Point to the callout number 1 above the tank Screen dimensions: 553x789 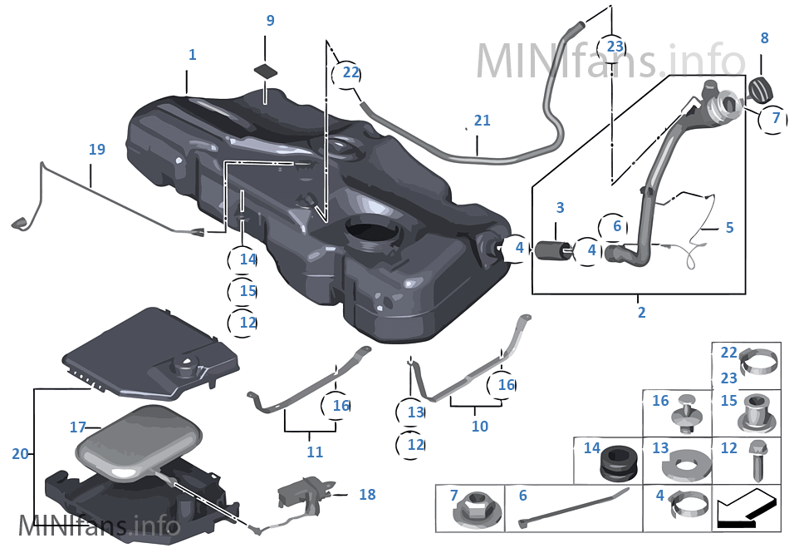pos(192,55)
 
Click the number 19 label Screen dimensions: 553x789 pos(97,150)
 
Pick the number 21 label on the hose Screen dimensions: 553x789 pos(482,121)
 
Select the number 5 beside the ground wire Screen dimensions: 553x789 pos(728,227)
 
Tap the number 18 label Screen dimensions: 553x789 pos(366,495)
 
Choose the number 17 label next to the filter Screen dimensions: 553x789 pos(78,427)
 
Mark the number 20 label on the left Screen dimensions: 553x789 pos(21,454)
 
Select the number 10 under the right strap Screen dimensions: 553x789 pos(479,427)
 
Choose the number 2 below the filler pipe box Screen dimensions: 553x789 pos(641,313)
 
